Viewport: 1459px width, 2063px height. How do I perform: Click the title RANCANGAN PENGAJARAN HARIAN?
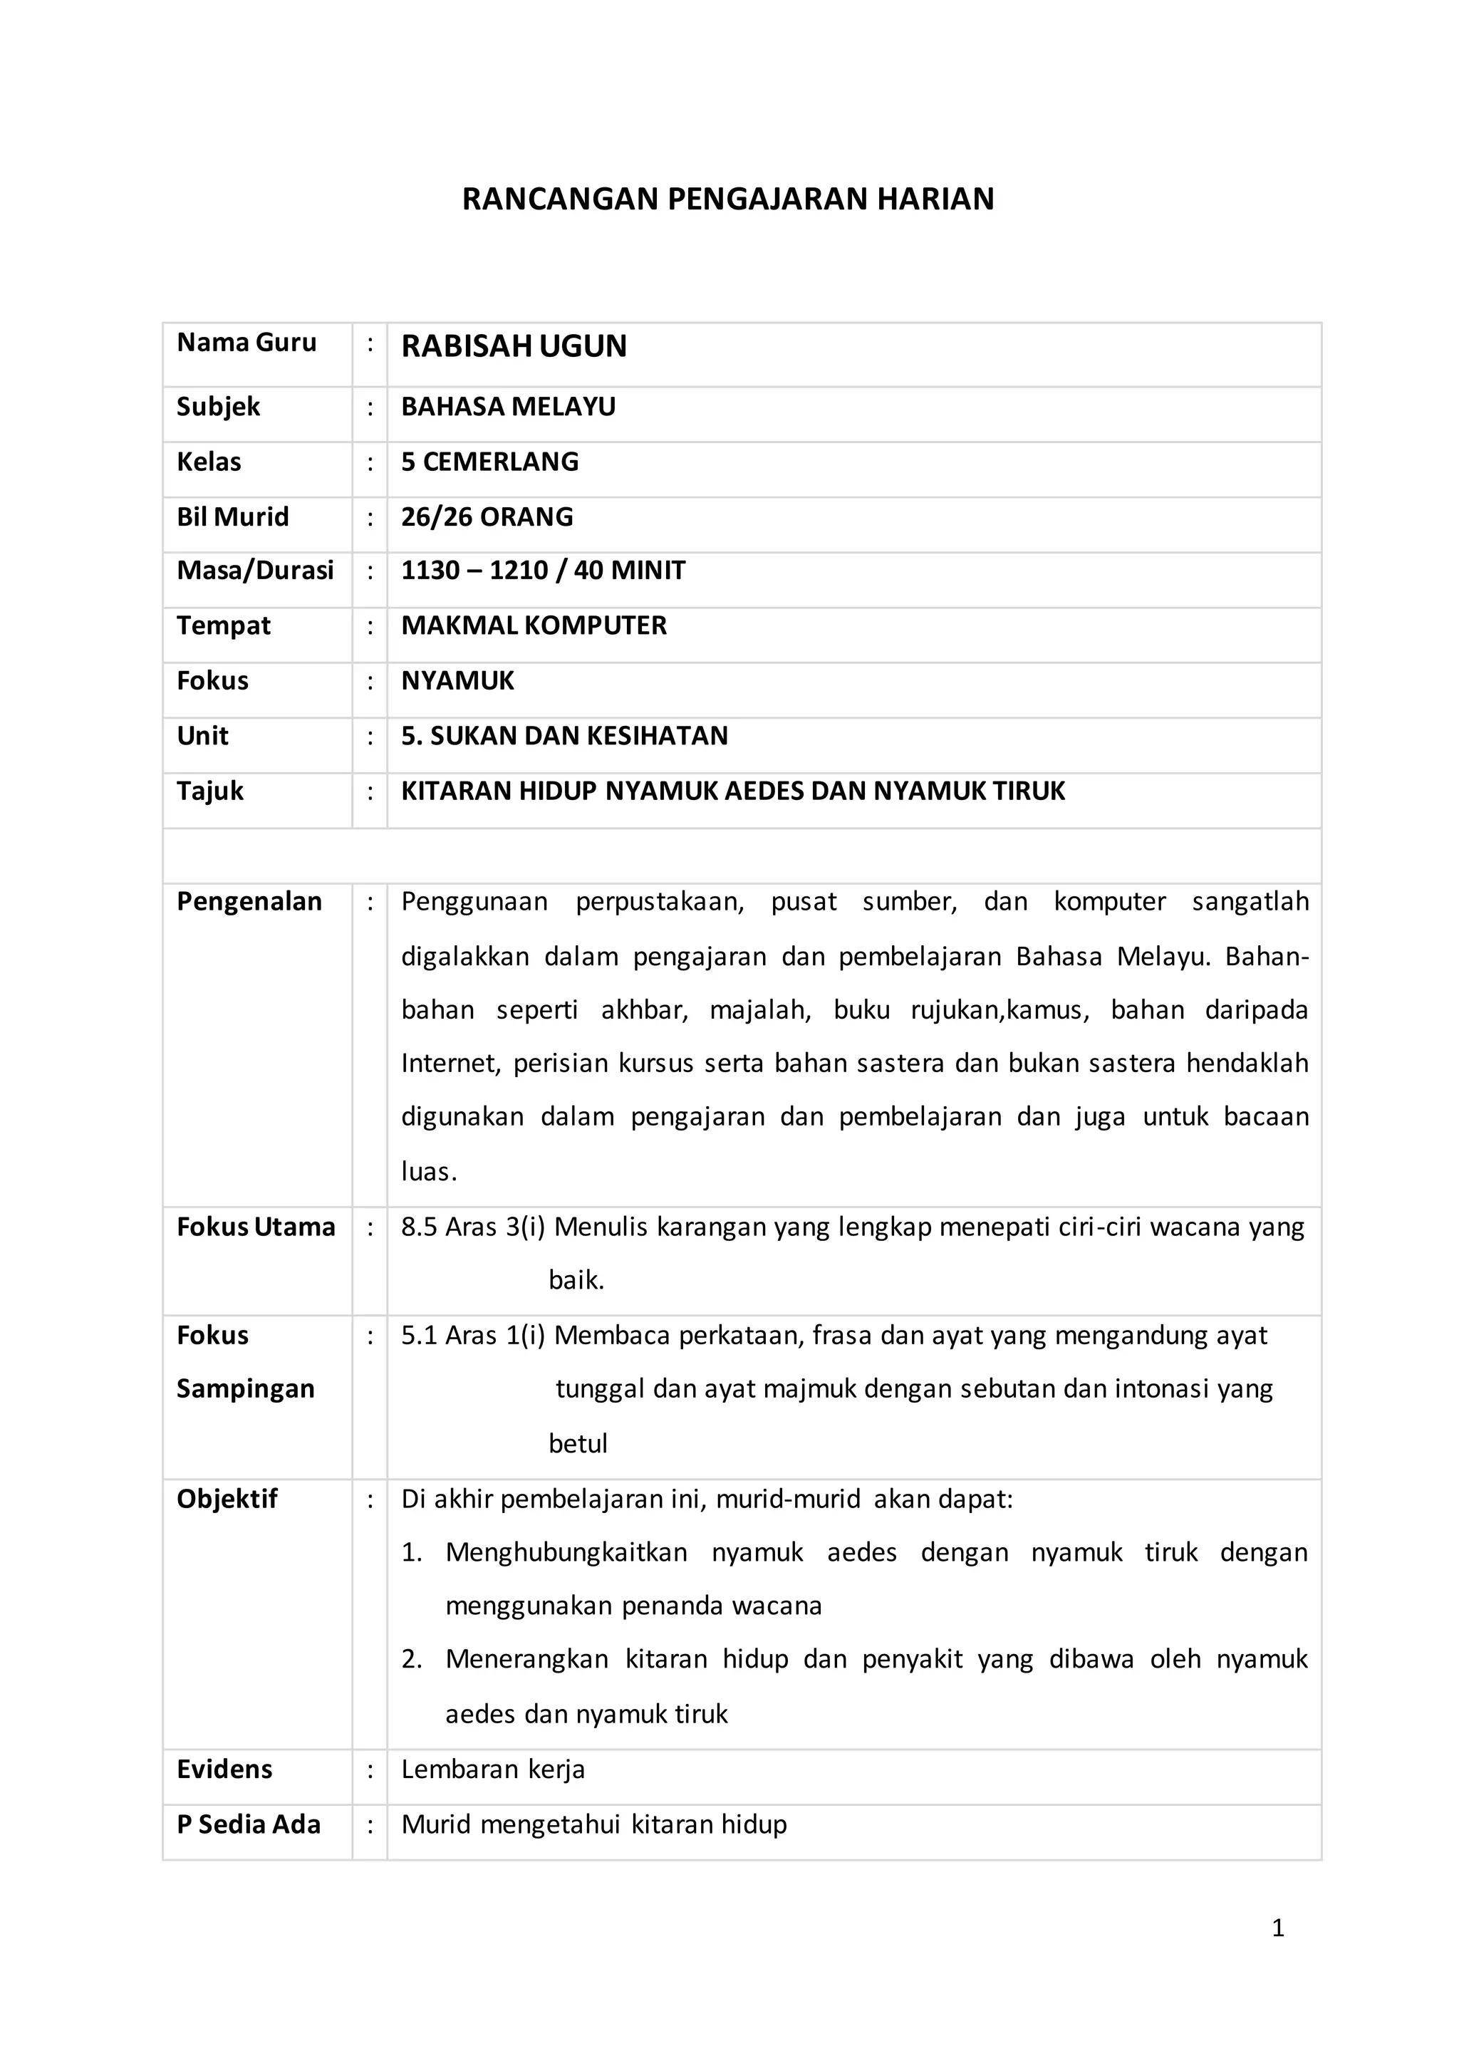(x=727, y=199)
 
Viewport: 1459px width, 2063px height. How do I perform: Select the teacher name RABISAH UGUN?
(x=514, y=346)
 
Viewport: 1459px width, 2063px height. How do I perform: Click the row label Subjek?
(x=218, y=406)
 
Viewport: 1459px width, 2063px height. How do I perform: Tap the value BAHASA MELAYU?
(x=509, y=406)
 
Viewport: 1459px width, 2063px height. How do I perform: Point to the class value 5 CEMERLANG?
(x=489, y=462)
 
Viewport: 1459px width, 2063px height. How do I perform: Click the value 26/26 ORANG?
(x=487, y=516)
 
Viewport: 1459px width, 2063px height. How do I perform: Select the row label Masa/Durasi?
(x=255, y=571)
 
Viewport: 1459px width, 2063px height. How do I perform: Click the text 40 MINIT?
(x=629, y=571)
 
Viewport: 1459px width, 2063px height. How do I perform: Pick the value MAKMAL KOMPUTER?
(x=534, y=625)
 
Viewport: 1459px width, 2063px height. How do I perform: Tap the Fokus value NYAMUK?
(x=457, y=681)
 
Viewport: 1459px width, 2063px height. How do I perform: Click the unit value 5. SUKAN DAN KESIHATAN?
(x=564, y=736)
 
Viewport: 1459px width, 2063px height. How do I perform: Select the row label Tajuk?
(x=210, y=791)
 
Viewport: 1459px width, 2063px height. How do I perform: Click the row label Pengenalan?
(x=249, y=901)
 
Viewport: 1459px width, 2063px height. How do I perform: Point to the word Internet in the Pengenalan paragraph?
(x=450, y=1064)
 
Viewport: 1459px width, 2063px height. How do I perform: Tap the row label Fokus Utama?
(x=255, y=1227)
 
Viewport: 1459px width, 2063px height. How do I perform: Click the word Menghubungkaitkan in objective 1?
(x=566, y=1553)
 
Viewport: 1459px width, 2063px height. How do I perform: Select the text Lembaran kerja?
(x=492, y=1770)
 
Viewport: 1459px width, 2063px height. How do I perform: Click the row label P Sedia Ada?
(x=248, y=1825)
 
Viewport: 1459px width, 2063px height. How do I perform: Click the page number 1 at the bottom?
(x=1277, y=1928)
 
